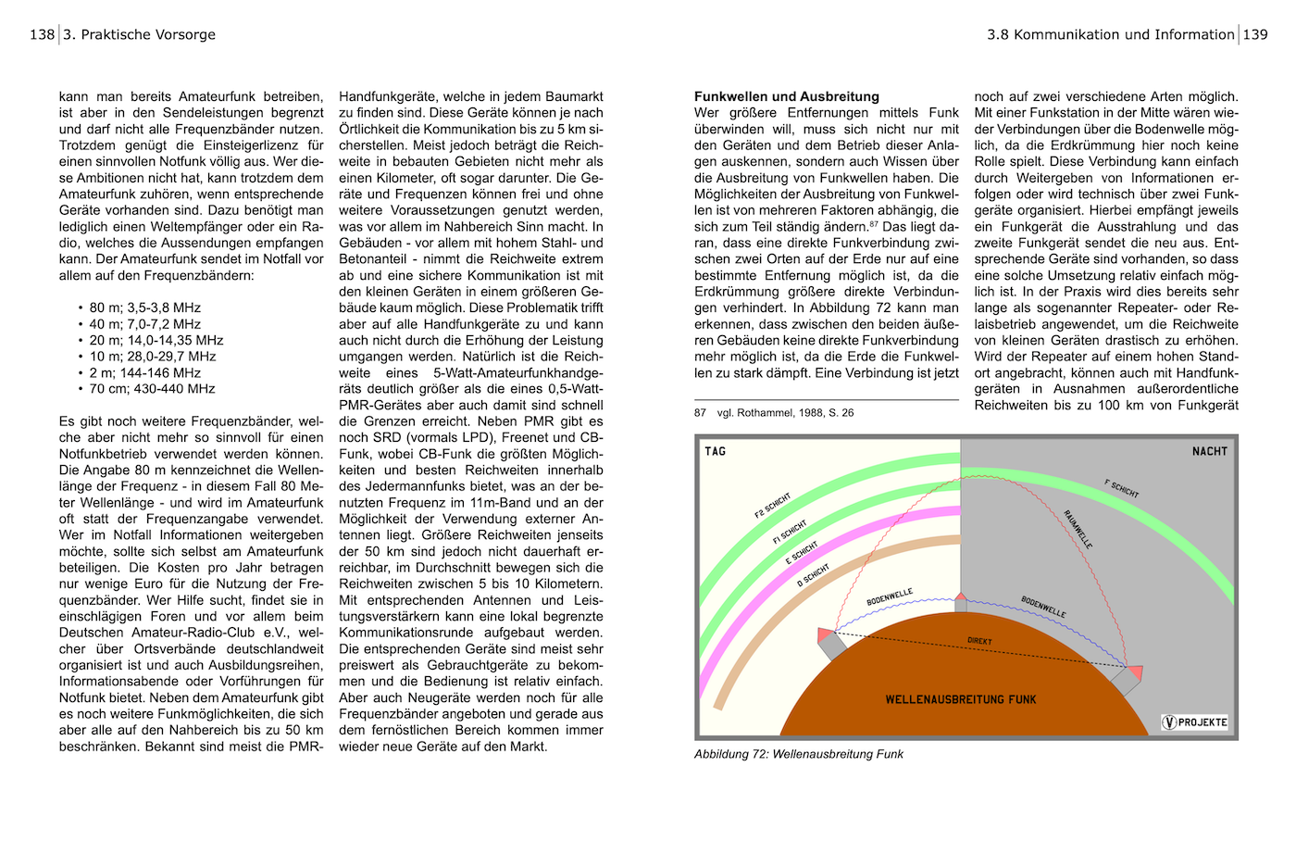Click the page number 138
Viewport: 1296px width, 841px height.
42,34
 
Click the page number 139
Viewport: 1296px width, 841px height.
1255,34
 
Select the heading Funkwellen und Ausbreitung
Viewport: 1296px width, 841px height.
786,96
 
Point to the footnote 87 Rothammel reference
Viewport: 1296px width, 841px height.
774,413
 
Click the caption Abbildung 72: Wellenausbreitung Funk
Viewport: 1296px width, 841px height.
798,754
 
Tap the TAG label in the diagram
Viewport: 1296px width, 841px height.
716,452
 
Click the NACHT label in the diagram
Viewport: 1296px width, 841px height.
1209,452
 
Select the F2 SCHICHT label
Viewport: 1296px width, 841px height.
773,506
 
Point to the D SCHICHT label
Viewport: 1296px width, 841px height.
813,576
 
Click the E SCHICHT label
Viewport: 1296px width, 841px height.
802,553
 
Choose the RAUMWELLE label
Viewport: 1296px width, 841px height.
1078,529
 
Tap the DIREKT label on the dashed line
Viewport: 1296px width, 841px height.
979,641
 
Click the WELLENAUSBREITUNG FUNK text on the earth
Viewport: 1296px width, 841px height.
961,699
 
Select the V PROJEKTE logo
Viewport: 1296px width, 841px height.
1195,722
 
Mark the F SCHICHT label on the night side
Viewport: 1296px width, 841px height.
1121,488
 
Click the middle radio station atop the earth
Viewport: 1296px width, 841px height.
961,602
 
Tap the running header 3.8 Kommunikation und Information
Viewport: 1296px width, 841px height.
1110,34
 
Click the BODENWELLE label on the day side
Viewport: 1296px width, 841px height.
890,597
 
